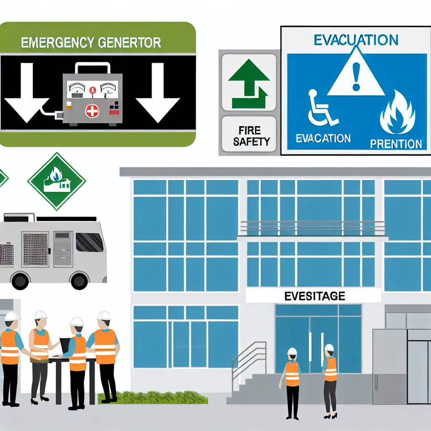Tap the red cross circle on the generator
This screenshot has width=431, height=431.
(x=91, y=111)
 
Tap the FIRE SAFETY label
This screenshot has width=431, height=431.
(x=249, y=135)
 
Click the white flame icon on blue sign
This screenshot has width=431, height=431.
(x=397, y=111)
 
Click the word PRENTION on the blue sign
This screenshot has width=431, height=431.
(x=396, y=144)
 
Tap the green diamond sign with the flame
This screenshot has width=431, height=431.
(x=56, y=181)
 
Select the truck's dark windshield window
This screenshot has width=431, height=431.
(x=89, y=242)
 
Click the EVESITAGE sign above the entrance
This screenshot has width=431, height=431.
(x=314, y=296)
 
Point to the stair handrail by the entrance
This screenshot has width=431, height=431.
(x=248, y=358)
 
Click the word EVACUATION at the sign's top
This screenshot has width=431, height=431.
(x=356, y=40)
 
